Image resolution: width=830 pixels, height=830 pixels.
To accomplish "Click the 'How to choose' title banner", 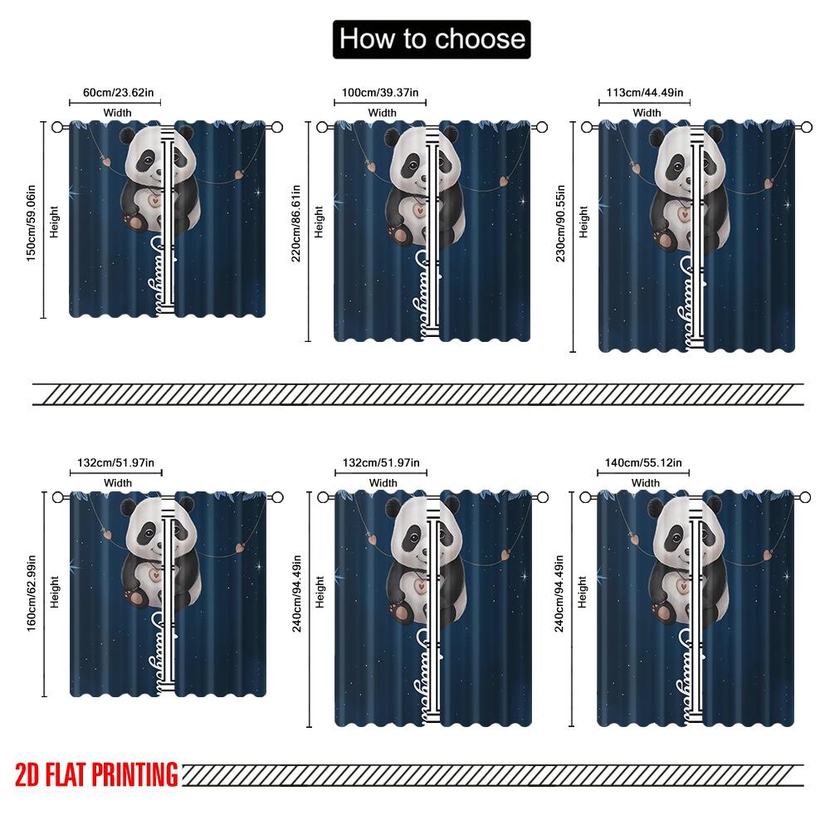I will [x=432, y=39].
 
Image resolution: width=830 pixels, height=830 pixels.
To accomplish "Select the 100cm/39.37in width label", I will [x=382, y=92].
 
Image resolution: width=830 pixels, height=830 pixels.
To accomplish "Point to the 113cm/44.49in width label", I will [x=647, y=92].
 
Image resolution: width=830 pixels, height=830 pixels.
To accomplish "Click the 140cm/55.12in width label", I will [x=645, y=462].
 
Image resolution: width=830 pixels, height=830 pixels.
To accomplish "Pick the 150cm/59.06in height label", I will [x=32, y=220].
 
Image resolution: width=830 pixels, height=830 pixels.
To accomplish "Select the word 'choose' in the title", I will [x=481, y=39].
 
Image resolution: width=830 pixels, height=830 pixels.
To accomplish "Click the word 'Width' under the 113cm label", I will [x=647, y=112].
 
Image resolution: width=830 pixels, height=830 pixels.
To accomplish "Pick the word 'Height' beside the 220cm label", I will [x=319, y=222].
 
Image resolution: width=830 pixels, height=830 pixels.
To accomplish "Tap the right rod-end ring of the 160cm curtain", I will [x=278, y=497].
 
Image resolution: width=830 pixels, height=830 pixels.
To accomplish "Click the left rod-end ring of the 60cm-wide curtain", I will [x=57, y=127].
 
